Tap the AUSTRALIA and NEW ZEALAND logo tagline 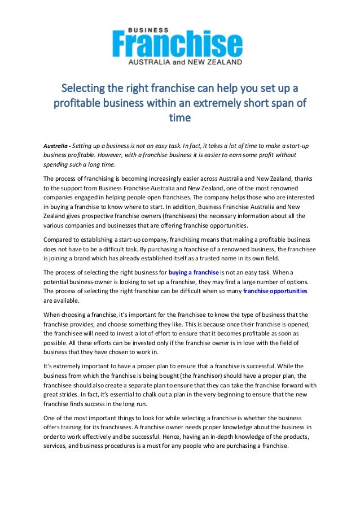pos(186,60)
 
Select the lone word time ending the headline pos(180,118)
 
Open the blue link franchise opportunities pos(275,291)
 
